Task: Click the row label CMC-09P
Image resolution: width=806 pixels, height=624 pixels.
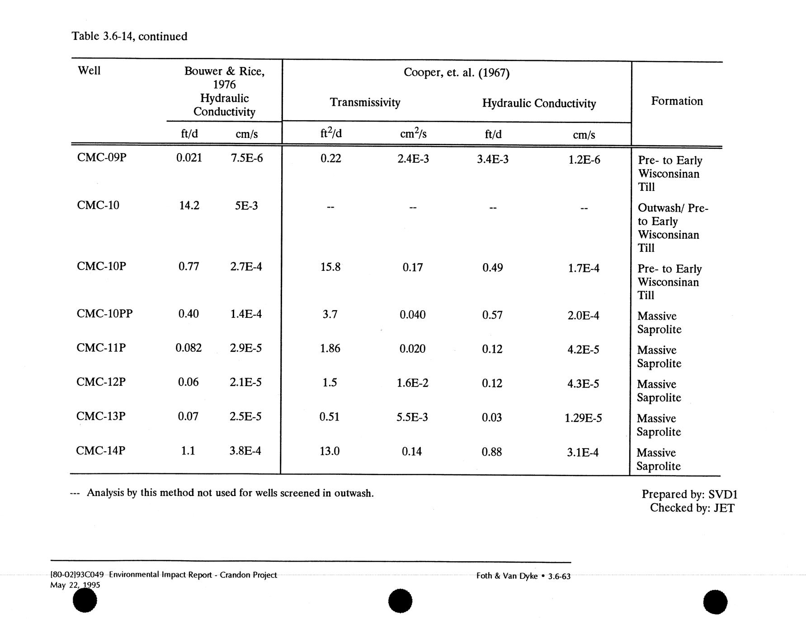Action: click(101, 157)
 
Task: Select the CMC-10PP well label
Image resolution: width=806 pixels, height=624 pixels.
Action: click(104, 313)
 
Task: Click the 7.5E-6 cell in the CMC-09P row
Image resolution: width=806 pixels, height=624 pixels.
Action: click(246, 158)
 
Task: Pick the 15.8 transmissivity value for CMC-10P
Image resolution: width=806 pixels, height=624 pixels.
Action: click(330, 267)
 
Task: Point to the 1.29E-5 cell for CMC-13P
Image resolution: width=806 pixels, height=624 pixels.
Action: click(583, 418)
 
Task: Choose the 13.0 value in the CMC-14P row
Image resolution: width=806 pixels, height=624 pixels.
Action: click(330, 451)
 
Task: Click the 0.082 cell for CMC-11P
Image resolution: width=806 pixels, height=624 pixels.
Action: click(189, 348)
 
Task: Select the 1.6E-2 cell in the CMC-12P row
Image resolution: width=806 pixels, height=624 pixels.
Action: click(412, 383)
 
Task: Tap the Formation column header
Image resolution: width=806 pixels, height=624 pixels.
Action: click(677, 101)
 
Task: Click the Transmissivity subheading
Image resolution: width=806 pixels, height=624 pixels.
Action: click(365, 102)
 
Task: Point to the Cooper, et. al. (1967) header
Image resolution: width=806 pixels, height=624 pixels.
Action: click(457, 73)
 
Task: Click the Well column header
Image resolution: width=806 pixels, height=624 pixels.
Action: click(89, 71)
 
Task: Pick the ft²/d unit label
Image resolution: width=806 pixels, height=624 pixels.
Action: click(331, 133)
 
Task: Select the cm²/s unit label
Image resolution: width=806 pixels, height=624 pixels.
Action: click(413, 133)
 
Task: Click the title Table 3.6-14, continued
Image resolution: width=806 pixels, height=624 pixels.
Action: click(129, 36)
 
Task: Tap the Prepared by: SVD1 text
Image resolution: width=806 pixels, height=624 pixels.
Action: click(689, 494)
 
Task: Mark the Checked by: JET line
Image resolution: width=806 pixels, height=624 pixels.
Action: click(692, 508)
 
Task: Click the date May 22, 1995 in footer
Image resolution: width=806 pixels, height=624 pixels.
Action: click(75, 585)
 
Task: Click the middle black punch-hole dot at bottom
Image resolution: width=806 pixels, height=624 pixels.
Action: click(400, 601)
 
